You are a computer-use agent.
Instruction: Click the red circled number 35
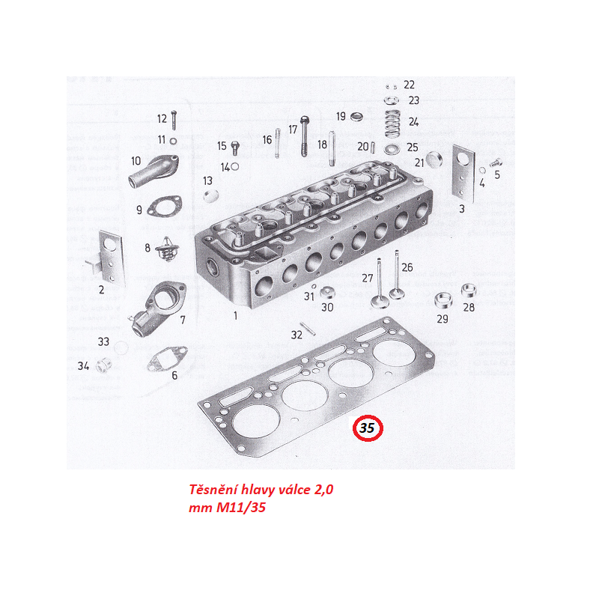coord(368,428)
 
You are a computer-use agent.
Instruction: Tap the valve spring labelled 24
coord(392,123)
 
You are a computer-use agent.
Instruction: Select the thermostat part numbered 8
coord(165,249)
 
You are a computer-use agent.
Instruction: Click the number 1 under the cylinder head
coord(235,315)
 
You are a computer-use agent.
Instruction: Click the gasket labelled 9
coord(164,207)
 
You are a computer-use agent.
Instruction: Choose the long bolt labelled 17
coord(305,136)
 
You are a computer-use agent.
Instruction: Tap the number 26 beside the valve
coord(407,267)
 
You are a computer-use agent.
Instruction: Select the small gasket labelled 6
coord(167,359)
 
